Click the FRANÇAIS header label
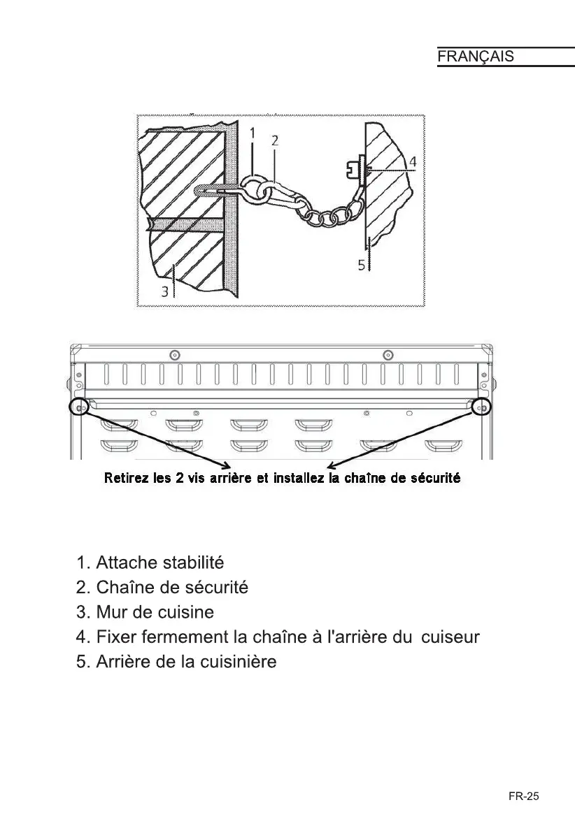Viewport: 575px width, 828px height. pyautogui.click(x=476, y=57)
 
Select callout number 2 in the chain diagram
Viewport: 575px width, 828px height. pyautogui.click(x=275, y=140)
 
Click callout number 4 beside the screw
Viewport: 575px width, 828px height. pyautogui.click(x=413, y=161)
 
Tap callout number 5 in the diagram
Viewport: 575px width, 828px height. pyautogui.click(x=362, y=266)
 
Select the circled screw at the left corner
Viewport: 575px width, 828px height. pyautogui.click(x=79, y=407)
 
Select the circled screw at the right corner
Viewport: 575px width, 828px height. pyautogui.click(x=481, y=407)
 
